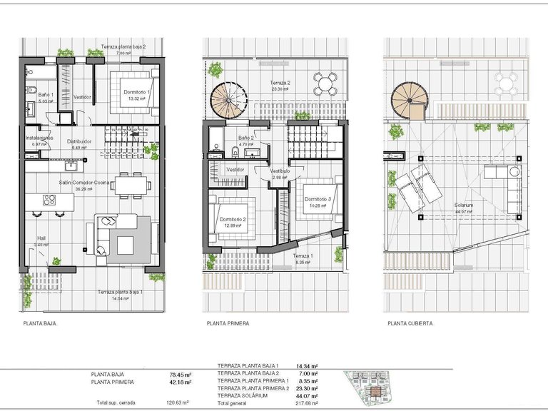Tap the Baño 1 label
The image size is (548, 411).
[x=46, y=95]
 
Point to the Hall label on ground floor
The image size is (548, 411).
[x=41, y=239]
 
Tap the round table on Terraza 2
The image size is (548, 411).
[x=326, y=83]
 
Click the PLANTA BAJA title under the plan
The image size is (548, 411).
[x=40, y=323]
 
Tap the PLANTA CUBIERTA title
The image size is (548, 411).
[x=410, y=323]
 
